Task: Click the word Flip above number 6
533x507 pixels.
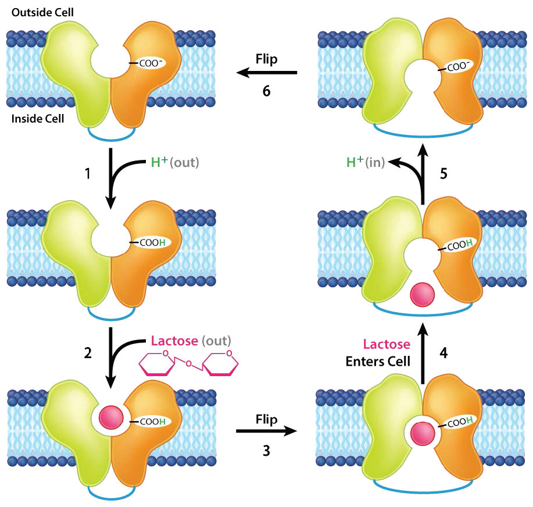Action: click(266, 59)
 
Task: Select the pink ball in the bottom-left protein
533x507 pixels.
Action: click(111, 417)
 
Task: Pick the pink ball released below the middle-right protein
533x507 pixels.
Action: click(423, 294)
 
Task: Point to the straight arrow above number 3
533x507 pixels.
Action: click(266, 431)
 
